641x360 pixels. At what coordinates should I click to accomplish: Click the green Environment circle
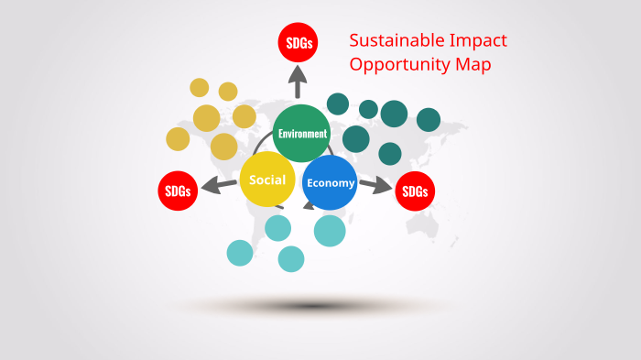[x=301, y=133]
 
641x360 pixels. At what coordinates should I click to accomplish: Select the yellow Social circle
[x=266, y=180]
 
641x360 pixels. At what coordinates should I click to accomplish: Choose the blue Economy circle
[x=330, y=182]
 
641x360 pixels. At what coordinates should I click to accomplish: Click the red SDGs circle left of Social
[x=178, y=191]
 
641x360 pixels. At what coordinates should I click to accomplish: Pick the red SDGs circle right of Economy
[x=415, y=191]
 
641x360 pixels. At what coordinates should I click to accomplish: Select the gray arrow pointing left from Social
[x=219, y=186]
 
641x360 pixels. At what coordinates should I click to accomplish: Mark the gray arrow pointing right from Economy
[x=375, y=186]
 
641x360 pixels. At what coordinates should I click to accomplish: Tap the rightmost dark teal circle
[x=429, y=120]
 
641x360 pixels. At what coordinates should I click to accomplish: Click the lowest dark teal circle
[x=390, y=153]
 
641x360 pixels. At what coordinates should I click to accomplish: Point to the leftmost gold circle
[x=178, y=139]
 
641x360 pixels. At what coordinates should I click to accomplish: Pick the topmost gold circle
[x=199, y=87]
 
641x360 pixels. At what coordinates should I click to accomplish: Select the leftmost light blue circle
[x=240, y=253]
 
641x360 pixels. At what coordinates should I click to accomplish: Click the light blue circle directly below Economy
[x=330, y=230]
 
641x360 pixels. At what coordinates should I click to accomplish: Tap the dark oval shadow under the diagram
[x=316, y=305]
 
